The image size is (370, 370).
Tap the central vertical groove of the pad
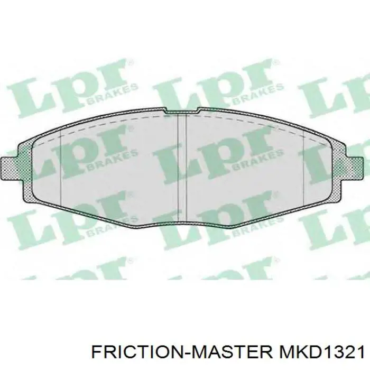click(181, 169)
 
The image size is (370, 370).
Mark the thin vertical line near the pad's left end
click(61, 169)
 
